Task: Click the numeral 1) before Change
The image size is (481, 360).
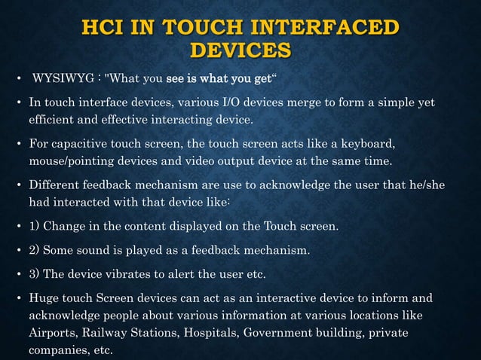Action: tap(35, 226)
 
